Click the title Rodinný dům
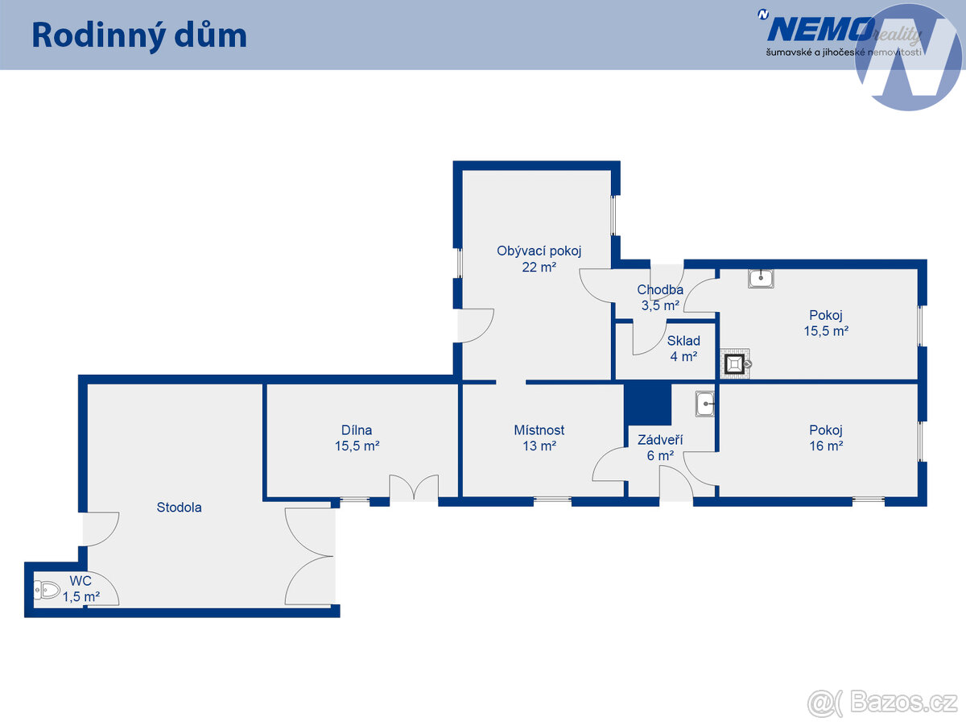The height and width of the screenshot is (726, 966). pos(139,36)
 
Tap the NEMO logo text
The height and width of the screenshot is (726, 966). pos(821,30)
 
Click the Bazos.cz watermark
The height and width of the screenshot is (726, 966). pos(882,703)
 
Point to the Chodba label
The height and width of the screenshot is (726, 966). pos(660,290)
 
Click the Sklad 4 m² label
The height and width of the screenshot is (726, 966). pos(683,348)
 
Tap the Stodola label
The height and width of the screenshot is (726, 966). pos(180,508)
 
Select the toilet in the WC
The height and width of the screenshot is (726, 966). pos(47,591)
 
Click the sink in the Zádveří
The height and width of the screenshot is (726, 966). pos(704,404)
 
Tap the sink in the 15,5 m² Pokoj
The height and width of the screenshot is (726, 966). pos(761,279)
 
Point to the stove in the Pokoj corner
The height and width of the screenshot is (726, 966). pos(736,364)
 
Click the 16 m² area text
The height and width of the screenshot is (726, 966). pos(826,446)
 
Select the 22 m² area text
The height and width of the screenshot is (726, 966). pos(539,267)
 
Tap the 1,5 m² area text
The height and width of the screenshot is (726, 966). pos(81,597)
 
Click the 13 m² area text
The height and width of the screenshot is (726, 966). pos(539,446)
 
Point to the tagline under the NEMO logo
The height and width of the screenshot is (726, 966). pos(844,52)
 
